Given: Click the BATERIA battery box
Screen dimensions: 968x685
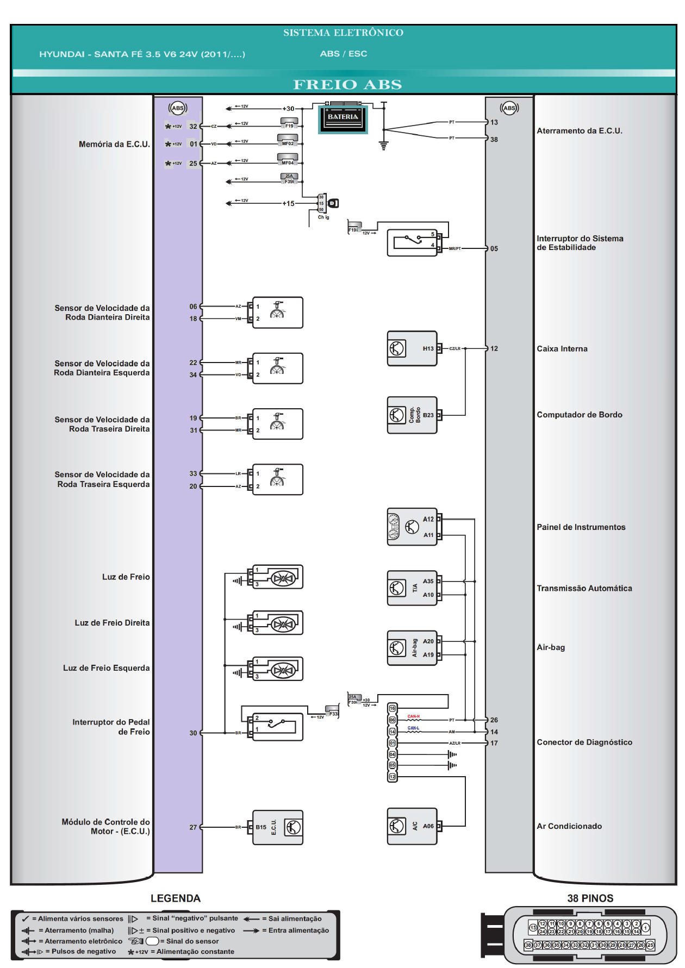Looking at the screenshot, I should click(x=342, y=119).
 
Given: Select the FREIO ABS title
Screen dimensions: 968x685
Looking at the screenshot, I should click(x=347, y=85).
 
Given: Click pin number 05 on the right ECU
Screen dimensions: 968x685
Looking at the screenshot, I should click(x=494, y=249).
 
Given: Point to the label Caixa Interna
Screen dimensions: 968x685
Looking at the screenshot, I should click(x=562, y=349).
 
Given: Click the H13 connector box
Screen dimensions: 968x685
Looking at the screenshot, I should click(x=412, y=348).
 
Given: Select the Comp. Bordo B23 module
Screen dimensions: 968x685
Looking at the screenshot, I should click(x=412, y=415).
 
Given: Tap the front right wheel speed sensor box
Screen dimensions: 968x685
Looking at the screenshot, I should click(x=278, y=313).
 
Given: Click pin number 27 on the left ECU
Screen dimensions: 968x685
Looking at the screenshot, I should click(x=193, y=827).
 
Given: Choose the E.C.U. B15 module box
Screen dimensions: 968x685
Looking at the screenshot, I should click(x=278, y=827).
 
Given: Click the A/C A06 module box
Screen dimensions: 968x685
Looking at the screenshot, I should click(x=412, y=826).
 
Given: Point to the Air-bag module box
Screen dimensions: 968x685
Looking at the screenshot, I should click(x=412, y=648).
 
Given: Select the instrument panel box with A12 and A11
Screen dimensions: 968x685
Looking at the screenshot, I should click(x=412, y=527).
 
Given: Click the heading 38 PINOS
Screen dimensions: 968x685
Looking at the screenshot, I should click(x=590, y=898).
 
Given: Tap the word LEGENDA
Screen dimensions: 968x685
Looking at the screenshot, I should click(x=175, y=898).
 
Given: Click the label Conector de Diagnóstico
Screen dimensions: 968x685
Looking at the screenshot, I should click(x=584, y=742).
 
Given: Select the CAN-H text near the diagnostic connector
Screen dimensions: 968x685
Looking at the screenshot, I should click(x=413, y=716).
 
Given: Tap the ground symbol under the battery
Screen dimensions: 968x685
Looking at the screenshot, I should click(x=384, y=146).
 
